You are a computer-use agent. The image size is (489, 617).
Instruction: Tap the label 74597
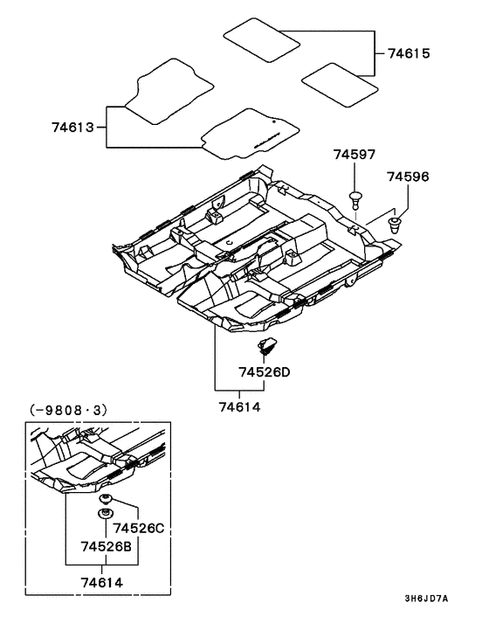pyautogui.click(x=354, y=155)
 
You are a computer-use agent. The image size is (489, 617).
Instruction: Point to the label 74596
pyautogui.click(x=408, y=177)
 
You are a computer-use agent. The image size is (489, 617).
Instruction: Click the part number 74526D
pyautogui.click(x=264, y=372)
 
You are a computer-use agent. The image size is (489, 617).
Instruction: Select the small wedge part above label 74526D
pyautogui.click(x=267, y=343)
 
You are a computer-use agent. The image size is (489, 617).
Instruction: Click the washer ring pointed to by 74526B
pyautogui.click(x=107, y=514)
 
